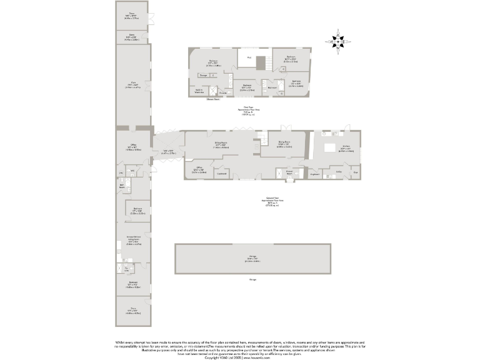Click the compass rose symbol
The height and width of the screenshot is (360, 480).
[337, 41]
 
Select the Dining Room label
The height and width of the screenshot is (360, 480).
[284, 144]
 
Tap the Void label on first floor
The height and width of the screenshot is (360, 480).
[249, 57]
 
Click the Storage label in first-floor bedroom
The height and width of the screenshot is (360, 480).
[203, 75]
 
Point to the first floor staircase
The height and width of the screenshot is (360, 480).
[261, 62]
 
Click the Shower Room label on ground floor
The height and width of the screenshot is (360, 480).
[289, 171]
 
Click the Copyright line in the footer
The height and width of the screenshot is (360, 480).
[239, 357]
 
